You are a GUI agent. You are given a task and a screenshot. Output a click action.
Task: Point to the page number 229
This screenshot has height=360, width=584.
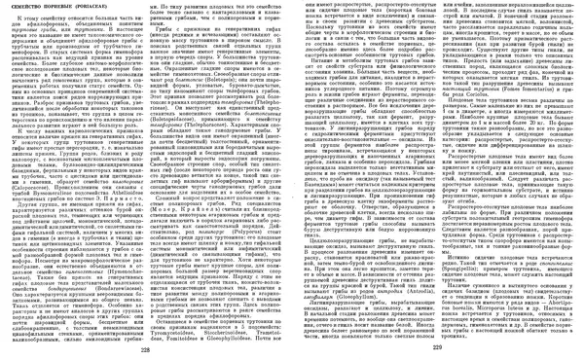436,350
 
